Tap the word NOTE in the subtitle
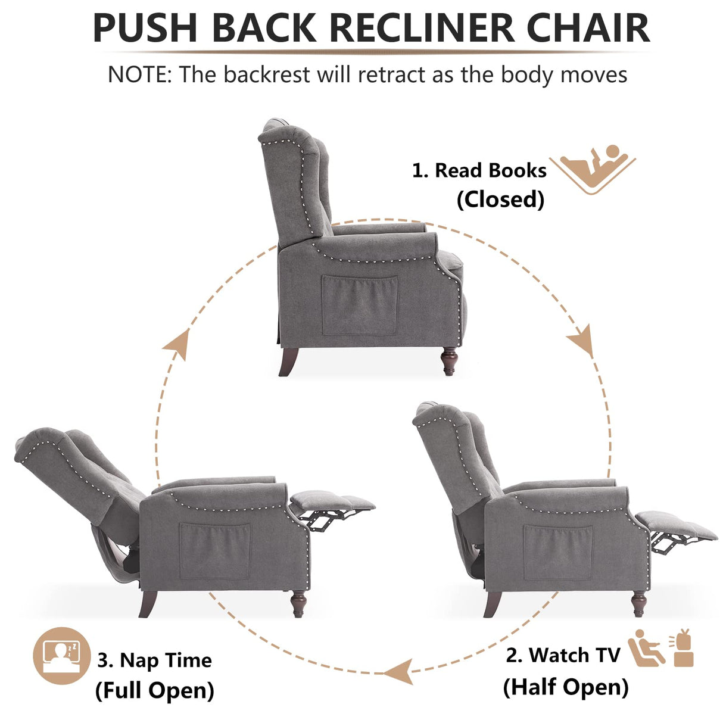point(139,75)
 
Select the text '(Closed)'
point(500,200)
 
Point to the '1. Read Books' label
point(479,170)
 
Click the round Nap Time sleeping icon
point(61,656)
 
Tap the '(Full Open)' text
point(154,690)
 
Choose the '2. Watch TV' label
point(563,655)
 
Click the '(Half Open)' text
point(566,687)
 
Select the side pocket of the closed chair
point(360,305)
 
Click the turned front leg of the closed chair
point(449,361)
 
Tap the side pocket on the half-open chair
point(558,553)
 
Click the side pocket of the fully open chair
point(214,551)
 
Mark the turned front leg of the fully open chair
point(298,603)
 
